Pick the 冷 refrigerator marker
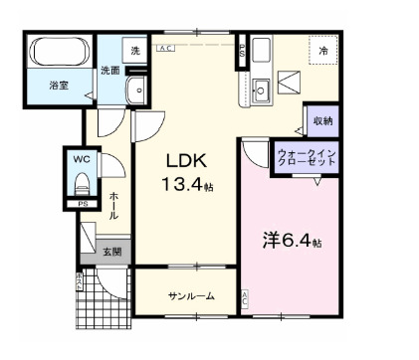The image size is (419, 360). pos(324,50)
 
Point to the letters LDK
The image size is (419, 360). pos(186,161)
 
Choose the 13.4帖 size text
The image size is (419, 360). pos(188,184)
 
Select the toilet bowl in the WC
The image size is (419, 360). pos(82,184)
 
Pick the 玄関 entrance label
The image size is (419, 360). pos(111,252)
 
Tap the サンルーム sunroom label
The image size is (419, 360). pos(187,296)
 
